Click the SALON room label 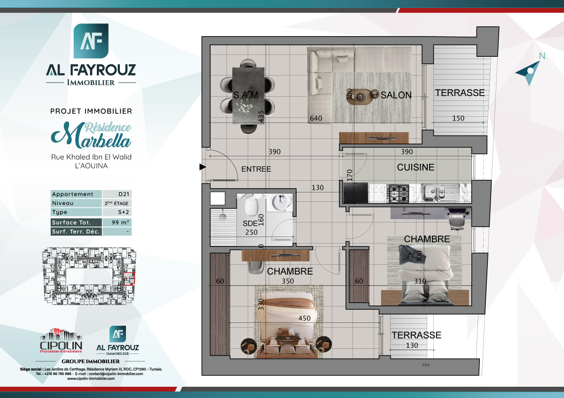[396, 95]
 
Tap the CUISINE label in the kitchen [415, 168]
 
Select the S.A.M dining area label [246, 96]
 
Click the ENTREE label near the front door [256, 169]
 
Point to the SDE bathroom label [250, 223]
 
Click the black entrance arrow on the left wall [203, 167]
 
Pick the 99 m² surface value [117, 222]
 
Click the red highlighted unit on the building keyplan [129, 279]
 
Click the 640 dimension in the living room [315, 119]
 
